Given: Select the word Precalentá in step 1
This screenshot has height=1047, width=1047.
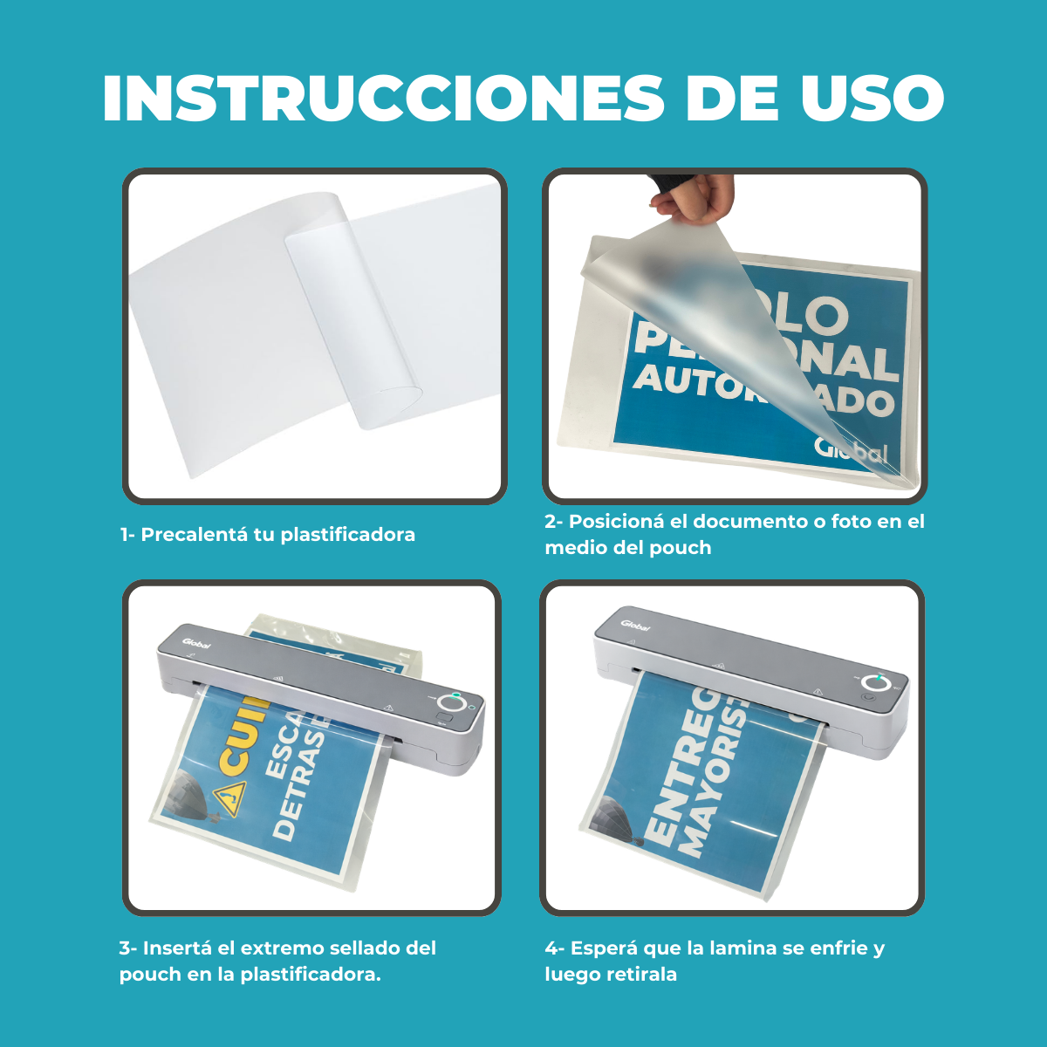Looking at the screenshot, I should pos(194,535).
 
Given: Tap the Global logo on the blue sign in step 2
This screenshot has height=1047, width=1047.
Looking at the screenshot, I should pos(851,449).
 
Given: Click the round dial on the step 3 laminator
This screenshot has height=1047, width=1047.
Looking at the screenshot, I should pos(451,703).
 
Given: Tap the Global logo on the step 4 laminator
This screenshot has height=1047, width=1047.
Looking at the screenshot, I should pos(636,625).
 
